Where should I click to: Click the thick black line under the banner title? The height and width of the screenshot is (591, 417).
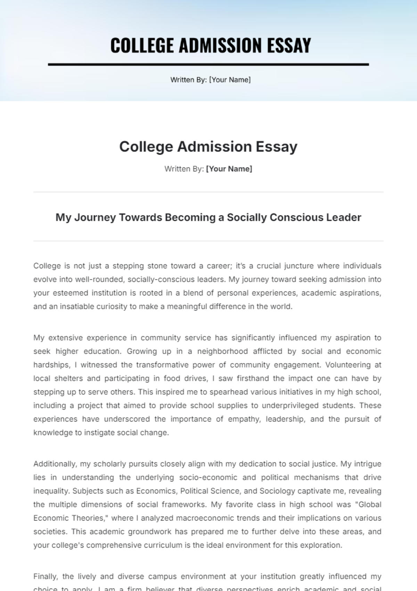208,64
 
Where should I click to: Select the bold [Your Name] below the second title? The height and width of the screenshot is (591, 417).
229,169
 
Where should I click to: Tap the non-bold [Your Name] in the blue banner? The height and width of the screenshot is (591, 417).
230,80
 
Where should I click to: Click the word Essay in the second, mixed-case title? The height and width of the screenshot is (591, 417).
277,147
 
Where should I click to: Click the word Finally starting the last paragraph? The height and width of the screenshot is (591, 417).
45,576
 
